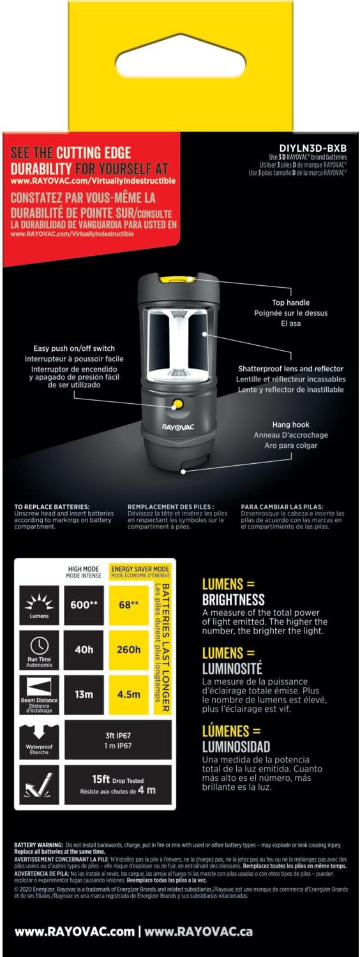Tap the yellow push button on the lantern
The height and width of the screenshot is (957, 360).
coord(176,404)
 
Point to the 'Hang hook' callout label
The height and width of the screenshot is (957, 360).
coord(291,425)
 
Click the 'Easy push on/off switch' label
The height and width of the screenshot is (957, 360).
coord(74,348)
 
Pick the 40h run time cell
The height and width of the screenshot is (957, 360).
coord(84,649)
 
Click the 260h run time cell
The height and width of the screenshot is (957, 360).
coord(129,649)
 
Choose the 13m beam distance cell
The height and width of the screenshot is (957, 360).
coord(84,694)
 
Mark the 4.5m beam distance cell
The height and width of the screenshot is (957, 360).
coord(129,694)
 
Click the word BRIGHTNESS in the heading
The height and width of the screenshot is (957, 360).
coord(233,599)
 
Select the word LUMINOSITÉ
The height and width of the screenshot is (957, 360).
coord(232,669)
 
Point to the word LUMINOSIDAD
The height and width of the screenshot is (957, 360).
coord(236,746)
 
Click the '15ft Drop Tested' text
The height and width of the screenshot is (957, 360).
coord(115,780)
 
